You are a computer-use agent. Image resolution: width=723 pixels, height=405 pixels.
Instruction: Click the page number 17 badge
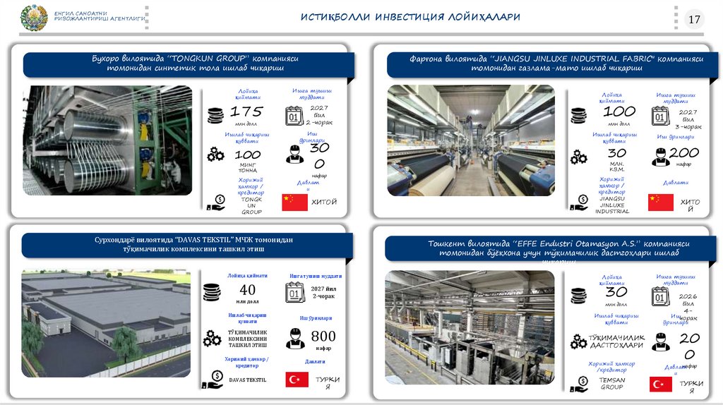694,19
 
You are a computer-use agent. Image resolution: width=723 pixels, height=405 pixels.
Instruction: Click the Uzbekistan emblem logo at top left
34,18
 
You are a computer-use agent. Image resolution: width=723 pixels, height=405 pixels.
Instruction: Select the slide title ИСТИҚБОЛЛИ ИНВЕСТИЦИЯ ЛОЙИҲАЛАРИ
410,17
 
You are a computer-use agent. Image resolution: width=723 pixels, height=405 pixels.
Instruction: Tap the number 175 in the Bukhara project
246,111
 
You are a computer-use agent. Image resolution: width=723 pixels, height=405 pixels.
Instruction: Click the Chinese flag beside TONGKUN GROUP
294,202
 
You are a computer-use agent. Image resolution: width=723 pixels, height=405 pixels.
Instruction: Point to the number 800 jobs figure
323,337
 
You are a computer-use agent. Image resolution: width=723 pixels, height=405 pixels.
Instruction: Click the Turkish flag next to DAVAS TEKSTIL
297,380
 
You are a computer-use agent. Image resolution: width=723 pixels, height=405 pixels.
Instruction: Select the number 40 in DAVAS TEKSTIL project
247,290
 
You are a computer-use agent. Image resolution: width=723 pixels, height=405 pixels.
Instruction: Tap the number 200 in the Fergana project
683,152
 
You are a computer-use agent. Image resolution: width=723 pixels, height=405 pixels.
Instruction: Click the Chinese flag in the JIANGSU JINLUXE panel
660,202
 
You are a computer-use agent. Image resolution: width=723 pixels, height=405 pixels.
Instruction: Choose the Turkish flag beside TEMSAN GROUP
660,385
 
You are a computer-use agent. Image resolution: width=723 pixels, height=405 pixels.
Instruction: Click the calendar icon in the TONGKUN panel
294,116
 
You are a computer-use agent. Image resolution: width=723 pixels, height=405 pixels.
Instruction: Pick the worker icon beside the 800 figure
295,338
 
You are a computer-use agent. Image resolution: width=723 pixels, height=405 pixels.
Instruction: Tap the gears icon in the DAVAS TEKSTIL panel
212,339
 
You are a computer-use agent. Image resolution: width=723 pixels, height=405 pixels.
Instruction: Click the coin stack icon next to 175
215,115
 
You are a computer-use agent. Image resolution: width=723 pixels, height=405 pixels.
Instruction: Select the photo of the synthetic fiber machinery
107,140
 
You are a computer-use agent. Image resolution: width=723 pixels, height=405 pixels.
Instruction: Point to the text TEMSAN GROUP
611,383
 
